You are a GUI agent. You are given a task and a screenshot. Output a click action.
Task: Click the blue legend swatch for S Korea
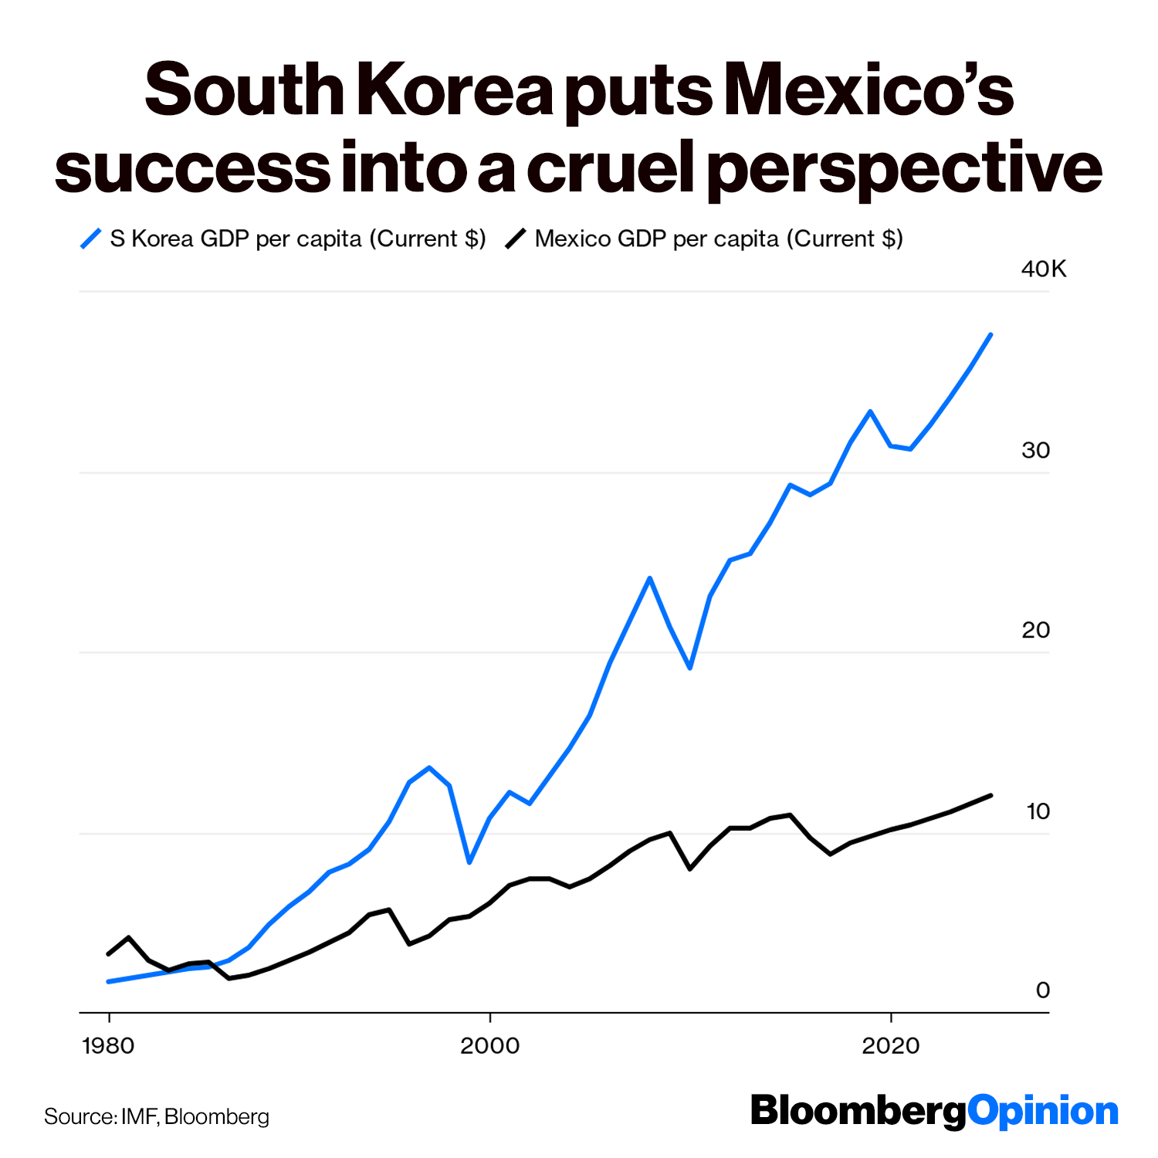tap(91, 239)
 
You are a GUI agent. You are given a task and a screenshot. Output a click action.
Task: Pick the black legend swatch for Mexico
tap(516, 239)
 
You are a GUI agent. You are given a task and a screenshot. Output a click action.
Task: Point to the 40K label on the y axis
tap(1044, 269)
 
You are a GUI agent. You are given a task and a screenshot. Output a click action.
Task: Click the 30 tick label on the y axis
tap(1036, 450)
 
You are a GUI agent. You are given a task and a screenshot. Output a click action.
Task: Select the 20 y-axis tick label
tap(1036, 630)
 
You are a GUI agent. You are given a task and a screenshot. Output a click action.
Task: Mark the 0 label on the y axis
tap(1043, 990)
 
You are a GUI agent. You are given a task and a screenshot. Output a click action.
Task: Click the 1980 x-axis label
tap(108, 1046)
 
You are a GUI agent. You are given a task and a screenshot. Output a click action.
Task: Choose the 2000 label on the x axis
tap(490, 1046)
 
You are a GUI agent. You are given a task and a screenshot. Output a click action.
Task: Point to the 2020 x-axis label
tap(891, 1046)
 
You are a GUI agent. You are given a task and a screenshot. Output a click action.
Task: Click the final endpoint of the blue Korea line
tap(990, 334)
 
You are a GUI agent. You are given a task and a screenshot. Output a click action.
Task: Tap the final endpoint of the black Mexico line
tap(990, 795)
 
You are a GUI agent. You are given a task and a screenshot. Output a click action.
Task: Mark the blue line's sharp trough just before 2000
tap(469, 862)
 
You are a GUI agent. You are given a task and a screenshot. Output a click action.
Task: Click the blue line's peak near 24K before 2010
tap(650, 578)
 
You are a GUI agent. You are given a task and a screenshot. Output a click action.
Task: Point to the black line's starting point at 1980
tap(108, 954)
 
